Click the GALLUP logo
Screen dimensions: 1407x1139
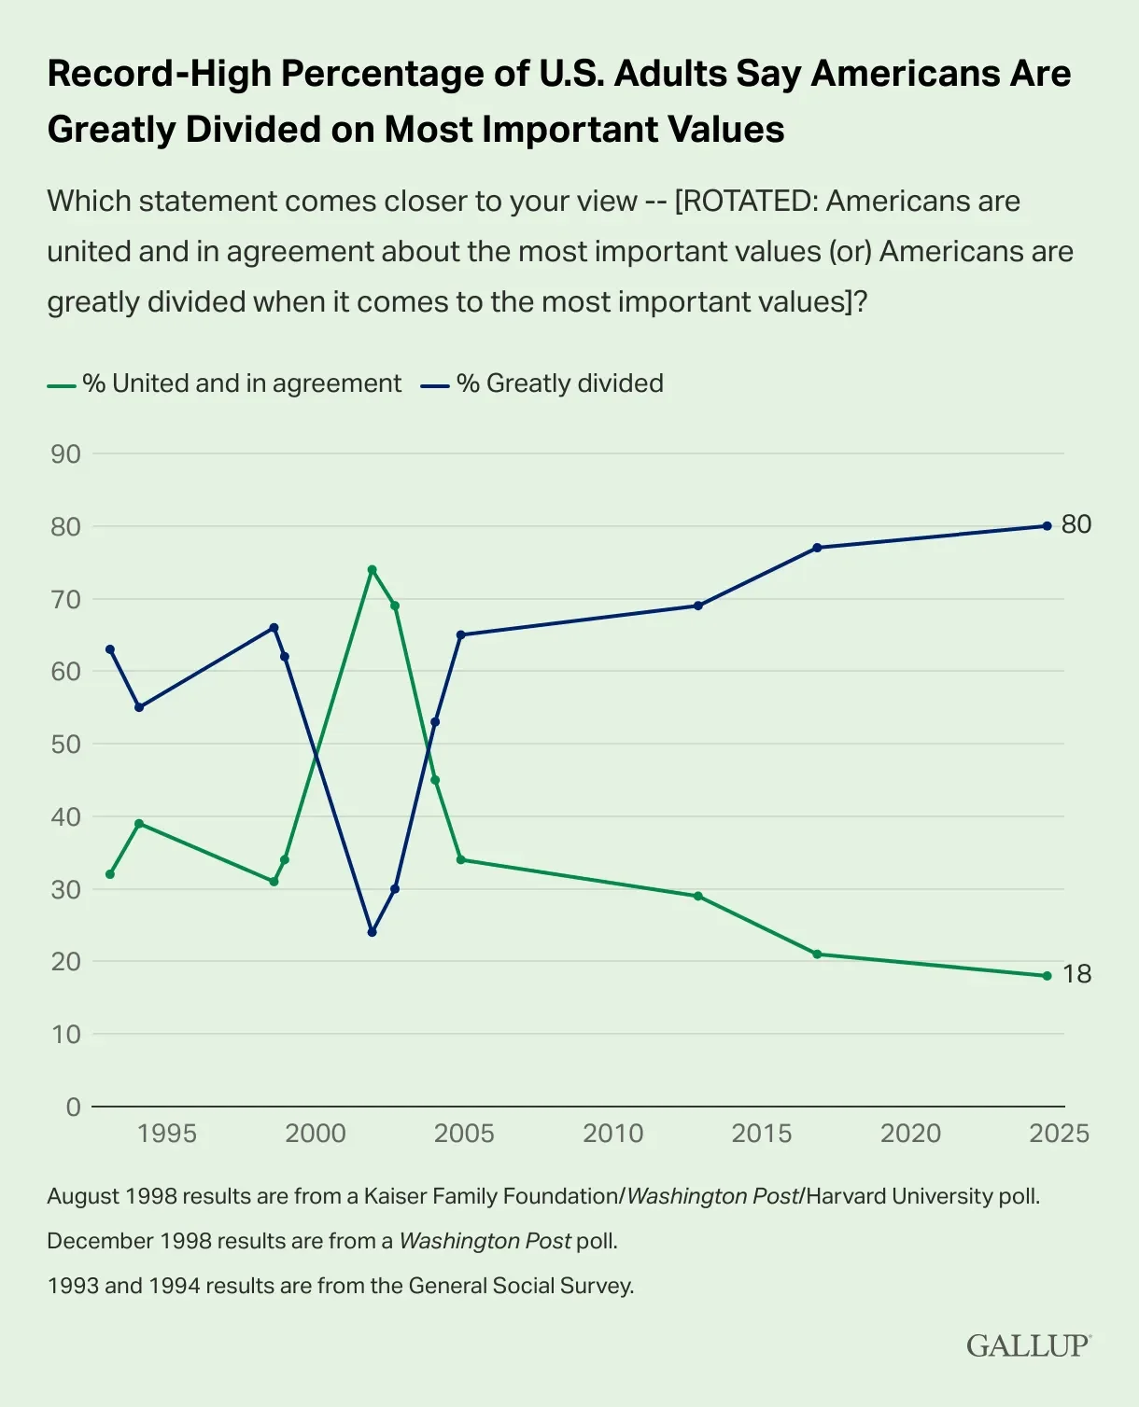(1028, 1345)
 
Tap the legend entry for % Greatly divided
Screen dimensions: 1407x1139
(559, 383)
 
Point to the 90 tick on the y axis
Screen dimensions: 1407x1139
(66, 454)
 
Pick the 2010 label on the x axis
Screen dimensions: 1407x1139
(613, 1134)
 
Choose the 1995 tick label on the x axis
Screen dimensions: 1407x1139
(167, 1134)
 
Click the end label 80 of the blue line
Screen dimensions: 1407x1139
(1076, 524)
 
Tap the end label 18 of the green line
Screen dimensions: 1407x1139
(1076, 974)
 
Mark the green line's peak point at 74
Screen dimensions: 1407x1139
(372, 569)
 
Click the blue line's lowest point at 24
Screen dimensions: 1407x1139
(372, 932)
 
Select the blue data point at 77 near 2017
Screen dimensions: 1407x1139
(817, 548)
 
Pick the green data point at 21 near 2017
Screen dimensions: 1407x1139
(817, 954)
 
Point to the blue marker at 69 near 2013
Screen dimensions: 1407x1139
(697, 606)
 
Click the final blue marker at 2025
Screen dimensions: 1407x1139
(1047, 526)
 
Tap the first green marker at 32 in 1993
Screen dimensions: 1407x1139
(110, 874)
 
